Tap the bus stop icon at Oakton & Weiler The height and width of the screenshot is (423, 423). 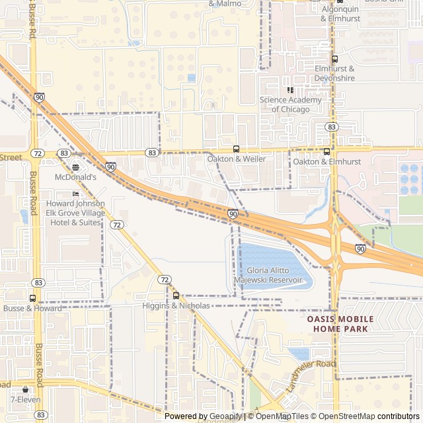pyautogui.click(x=236, y=149)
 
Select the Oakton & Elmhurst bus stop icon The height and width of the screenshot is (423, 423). pyautogui.click(x=327, y=151)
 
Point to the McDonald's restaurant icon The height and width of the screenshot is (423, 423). pyautogui.click(x=75, y=167)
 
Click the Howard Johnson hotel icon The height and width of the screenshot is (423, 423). pyautogui.click(x=75, y=193)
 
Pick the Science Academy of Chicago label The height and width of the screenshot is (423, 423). pyautogui.click(x=290, y=104)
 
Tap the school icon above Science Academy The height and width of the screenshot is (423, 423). pyautogui.click(x=289, y=90)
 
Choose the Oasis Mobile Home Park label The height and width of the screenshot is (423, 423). pyautogui.click(x=340, y=323)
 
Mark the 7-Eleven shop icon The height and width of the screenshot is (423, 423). pyautogui.click(x=26, y=389)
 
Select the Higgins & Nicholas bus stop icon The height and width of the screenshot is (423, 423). pyautogui.click(x=176, y=295)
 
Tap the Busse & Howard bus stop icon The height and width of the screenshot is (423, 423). pyautogui.click(x=32, y=298)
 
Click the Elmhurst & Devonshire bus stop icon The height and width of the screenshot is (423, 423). pyautogui.click(x=334, y=59)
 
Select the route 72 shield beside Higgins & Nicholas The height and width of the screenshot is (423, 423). pyautogui.click(x=164, y=280)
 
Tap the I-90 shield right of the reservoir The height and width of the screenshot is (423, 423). pyautogui.click(x=360, y=249)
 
